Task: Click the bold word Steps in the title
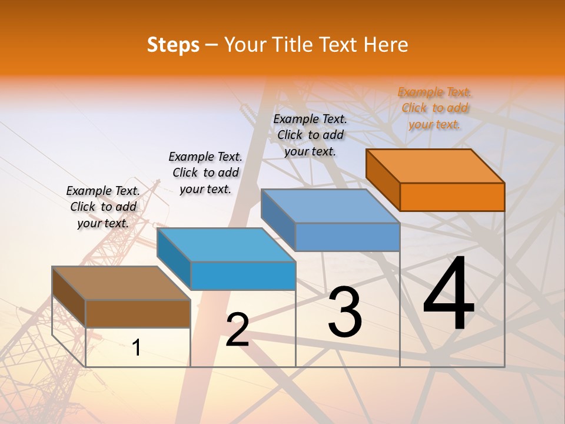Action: pos(173,45)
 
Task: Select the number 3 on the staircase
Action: pos(345,312)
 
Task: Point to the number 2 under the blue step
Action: pos(237,330)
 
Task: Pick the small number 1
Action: pos(137,348)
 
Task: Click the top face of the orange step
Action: pos(436,165)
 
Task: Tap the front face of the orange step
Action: pos(452,197)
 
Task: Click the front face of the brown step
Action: pos(138,313)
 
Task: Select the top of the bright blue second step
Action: pos(226,244)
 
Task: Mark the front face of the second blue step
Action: pos(243,276)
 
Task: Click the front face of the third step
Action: pos(347,237)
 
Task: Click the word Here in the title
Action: pos(386,45)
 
